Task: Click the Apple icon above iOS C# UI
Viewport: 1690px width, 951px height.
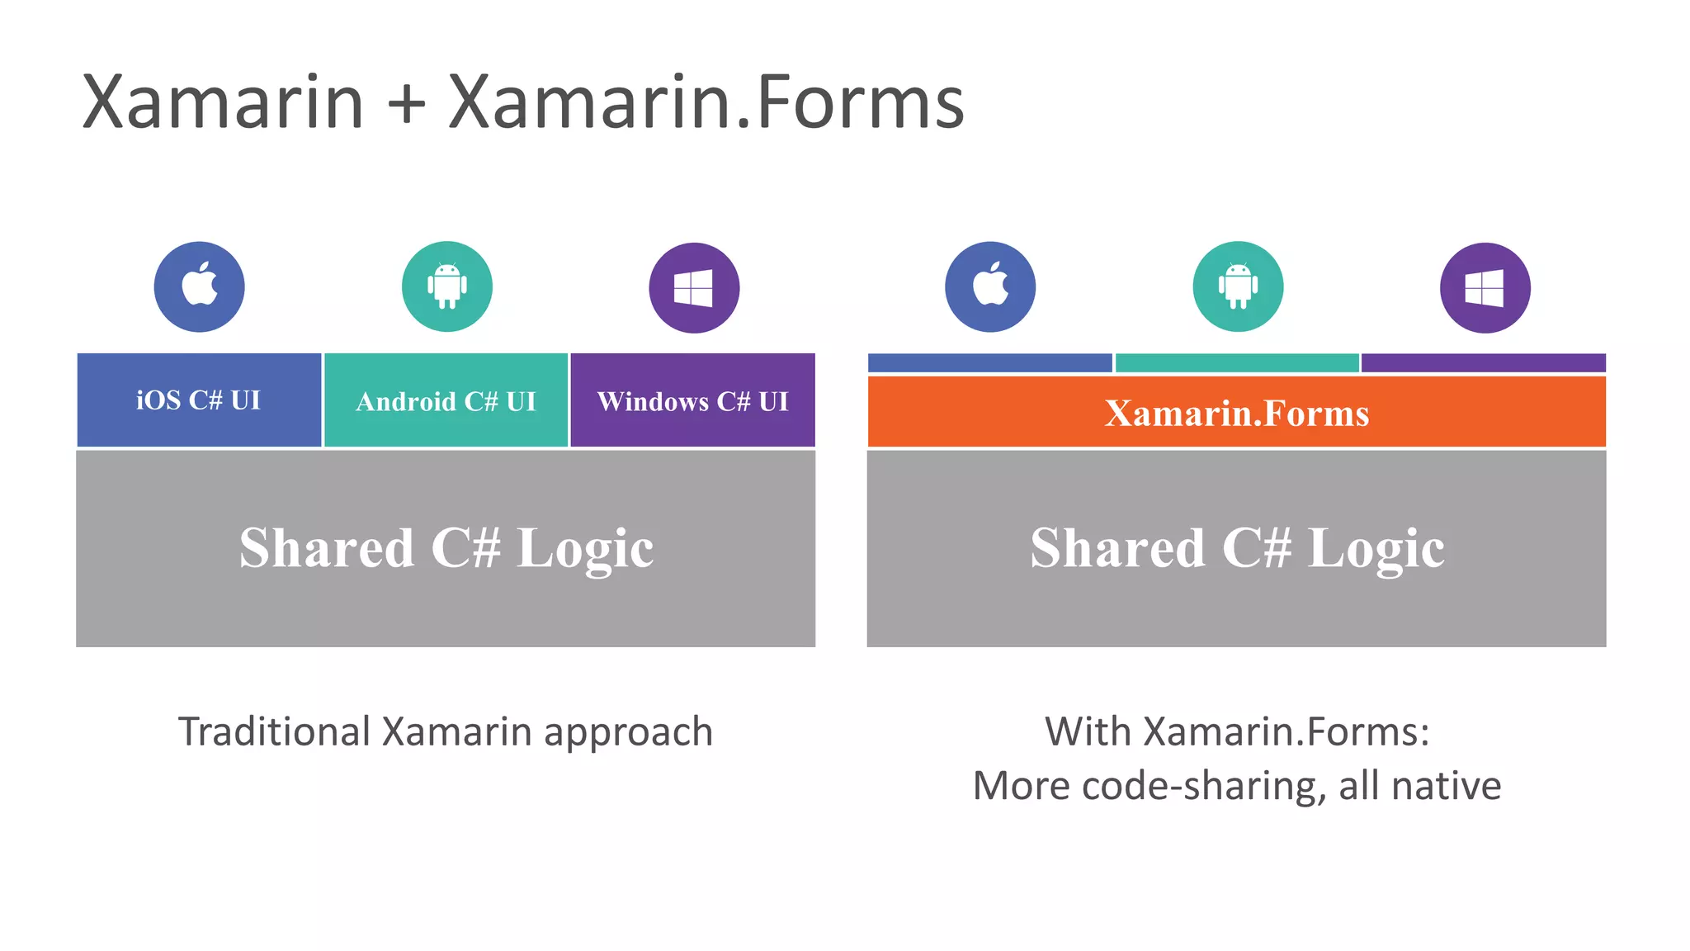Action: [200, 286]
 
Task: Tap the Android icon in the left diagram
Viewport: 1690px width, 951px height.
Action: [447, 286]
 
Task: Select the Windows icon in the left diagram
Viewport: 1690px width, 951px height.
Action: [694, 288]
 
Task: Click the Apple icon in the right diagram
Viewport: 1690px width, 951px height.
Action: [990, 286]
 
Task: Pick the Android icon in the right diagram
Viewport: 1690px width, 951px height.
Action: [1238, 286]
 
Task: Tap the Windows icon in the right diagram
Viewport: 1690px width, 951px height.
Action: [1485, 288]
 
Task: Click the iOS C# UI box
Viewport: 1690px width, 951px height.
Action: [199, 400]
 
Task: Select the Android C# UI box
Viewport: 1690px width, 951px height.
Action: [446, 401]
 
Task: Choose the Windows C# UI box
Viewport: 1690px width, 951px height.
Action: [692, 401]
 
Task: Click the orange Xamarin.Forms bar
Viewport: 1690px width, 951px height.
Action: [1236, 413]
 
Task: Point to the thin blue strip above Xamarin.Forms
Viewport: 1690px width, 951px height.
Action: [989, 363]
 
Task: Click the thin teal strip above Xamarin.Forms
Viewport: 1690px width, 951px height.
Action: [1236, 363]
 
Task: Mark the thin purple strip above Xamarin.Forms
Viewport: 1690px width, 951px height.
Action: [1483, 363]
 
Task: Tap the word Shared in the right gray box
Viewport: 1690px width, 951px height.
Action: [1117, 548]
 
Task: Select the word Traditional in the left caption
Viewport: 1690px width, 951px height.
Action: [274, 732]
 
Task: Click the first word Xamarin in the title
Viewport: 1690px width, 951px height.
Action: [223, 102]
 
